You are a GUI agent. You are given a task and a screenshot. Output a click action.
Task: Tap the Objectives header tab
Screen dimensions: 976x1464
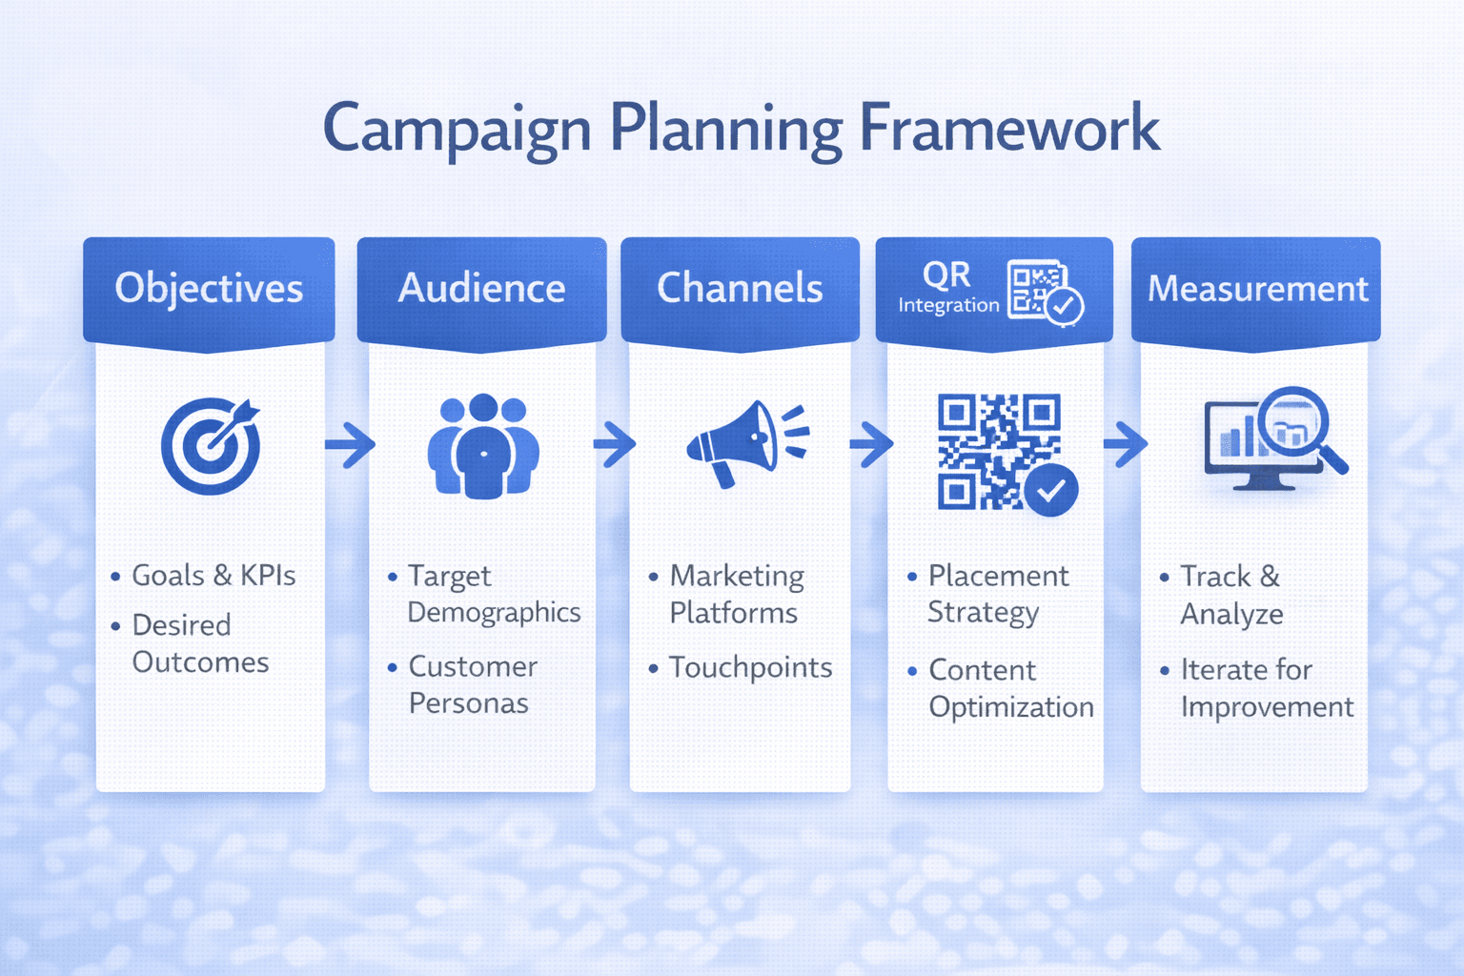point(209,288)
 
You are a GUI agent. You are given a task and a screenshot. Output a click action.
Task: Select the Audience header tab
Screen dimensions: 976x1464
point(481,288)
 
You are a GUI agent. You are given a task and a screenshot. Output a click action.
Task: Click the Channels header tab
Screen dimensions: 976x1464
point(740,288)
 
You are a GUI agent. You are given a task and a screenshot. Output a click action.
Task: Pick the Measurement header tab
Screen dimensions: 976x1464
point(1256,288)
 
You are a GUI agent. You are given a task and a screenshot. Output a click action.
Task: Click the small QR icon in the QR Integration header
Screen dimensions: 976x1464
point(1043,292)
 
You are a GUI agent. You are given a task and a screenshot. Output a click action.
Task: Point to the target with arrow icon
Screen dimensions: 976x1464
point(212,445)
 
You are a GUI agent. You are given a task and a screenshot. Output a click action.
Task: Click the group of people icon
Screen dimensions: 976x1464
point(483,445)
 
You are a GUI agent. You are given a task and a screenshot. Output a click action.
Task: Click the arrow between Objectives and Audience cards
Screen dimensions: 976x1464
point(350,444)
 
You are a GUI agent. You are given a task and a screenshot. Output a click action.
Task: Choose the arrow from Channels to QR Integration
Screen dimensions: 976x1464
point(870,444)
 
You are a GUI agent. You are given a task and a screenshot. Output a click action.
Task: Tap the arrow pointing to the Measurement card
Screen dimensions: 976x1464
point(1126,444)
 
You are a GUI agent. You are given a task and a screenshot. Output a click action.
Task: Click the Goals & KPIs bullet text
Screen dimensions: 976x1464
point(213,576)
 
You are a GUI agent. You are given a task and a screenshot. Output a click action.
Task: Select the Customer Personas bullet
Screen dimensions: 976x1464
point(472,684)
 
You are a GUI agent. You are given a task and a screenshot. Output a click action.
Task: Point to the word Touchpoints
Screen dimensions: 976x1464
point(750,667)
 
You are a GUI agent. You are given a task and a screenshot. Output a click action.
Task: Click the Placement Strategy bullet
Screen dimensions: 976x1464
point(997,593)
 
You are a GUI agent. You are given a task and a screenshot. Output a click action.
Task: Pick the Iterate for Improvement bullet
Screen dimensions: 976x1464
point(1266,688)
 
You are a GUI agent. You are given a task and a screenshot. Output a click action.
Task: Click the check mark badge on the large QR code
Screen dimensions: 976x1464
point(1051,490)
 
